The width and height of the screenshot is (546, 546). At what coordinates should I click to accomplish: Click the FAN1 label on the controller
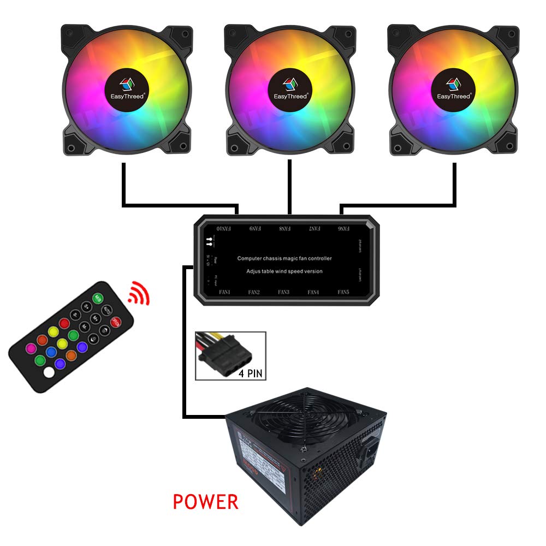(x=224, y=292)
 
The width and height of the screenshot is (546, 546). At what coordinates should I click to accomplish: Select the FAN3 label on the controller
(x=283, y=292)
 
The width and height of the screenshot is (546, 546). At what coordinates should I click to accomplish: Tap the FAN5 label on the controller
(x=343, y=292)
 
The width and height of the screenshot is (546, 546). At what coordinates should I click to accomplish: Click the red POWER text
(x=205, y=501)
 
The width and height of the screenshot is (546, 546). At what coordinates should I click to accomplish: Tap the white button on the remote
(x=49, y=373)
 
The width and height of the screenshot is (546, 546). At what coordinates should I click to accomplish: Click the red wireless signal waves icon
(x=139, y=295)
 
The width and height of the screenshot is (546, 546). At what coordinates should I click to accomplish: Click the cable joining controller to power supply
(x=186, y=349)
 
